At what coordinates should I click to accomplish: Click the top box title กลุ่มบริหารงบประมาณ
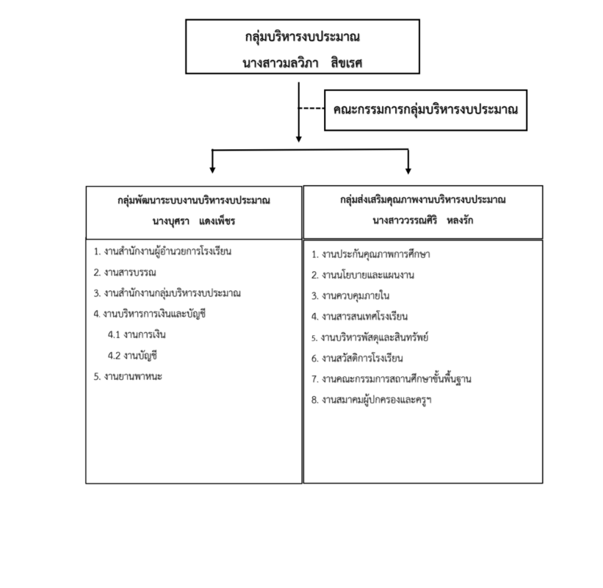click(x=303, y=37)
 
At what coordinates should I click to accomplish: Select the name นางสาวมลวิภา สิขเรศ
click(x=303, y=62)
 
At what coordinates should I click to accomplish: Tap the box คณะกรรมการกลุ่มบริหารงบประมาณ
click(x=426, y=110)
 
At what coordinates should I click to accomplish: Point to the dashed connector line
click(x=311, y=109)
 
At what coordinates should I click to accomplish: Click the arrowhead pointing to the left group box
click(x=212, y=170)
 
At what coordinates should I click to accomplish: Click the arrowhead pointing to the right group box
click(x=408, y=170)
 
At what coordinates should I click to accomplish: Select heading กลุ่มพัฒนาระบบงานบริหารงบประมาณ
click(x=194, y=201)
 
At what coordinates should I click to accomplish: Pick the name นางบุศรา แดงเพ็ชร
click(x=193, y=221)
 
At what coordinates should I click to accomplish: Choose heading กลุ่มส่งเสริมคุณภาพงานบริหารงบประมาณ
click(x=422, y=200)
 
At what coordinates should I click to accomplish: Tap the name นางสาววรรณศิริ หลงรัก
click(x=422, y=220)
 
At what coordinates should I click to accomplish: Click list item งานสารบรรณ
click(x=125, y=273)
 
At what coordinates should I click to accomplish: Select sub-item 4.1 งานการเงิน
click(x=137, y=334)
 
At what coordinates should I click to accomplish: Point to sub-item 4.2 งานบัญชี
click(x=133, y=356)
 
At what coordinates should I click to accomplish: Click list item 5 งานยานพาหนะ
click(x=128, y=376)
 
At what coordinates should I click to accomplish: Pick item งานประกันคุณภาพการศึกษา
click(x=371, y=254)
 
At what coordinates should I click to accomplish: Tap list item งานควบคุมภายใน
click(x=350, y=295)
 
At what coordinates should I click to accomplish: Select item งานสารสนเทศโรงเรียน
click(x=360, y=316)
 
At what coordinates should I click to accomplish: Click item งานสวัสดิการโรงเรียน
click(x=357, y=358)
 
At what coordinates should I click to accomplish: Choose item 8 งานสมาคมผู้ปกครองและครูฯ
click(x=372, y=400)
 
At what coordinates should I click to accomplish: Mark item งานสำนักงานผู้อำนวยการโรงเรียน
click(x=162, y=251)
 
